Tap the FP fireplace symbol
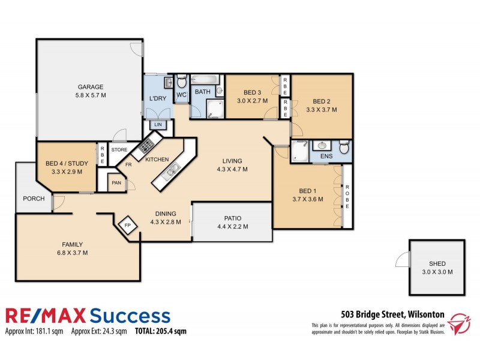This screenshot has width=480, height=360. [x=127, y=226]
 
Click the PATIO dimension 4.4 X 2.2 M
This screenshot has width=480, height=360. [x=232, y=227]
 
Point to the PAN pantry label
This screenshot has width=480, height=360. [x=116, y=183]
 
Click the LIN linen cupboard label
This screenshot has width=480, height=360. [x=158, y=125]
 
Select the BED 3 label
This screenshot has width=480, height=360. [x=252, y=92]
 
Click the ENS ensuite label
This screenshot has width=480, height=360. [x=326, y=156]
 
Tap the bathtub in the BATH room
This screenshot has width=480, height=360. [x=208, y=79]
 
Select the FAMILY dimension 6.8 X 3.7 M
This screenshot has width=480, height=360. [x=72, y=253]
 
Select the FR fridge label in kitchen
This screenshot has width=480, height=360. [x=128, y=163]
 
